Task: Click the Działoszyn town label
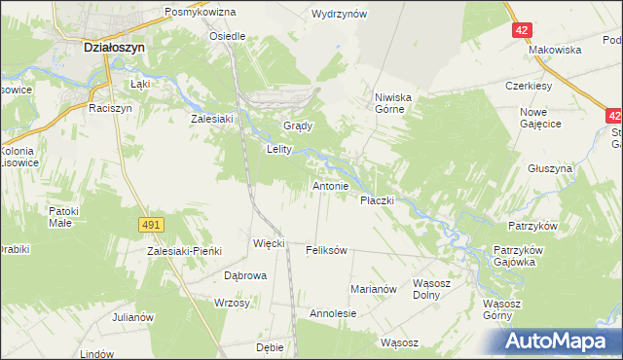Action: pos(114,46)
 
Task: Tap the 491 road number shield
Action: pos(150,225)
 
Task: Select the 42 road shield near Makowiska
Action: pos(523,30)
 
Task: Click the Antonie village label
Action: pos(330,185)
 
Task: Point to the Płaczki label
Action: pos(376,200)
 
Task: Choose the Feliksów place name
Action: pos(326,250)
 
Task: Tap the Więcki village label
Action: pos(269,243)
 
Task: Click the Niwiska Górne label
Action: pos(396,103)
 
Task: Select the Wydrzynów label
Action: pos(339,15)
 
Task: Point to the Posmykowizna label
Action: pos(201,12)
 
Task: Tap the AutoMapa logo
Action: pos(562,341)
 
